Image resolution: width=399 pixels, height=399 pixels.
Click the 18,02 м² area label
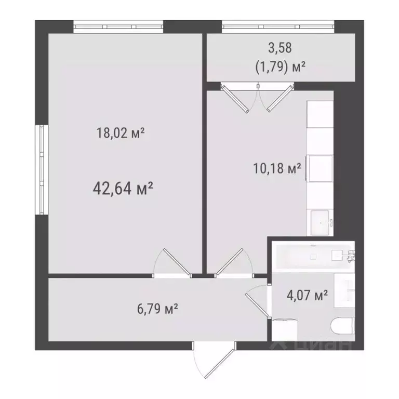120,134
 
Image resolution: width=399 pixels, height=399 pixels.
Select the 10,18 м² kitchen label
276,169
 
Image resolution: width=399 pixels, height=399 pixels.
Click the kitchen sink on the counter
320,222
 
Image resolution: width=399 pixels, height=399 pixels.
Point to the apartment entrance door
208,361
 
